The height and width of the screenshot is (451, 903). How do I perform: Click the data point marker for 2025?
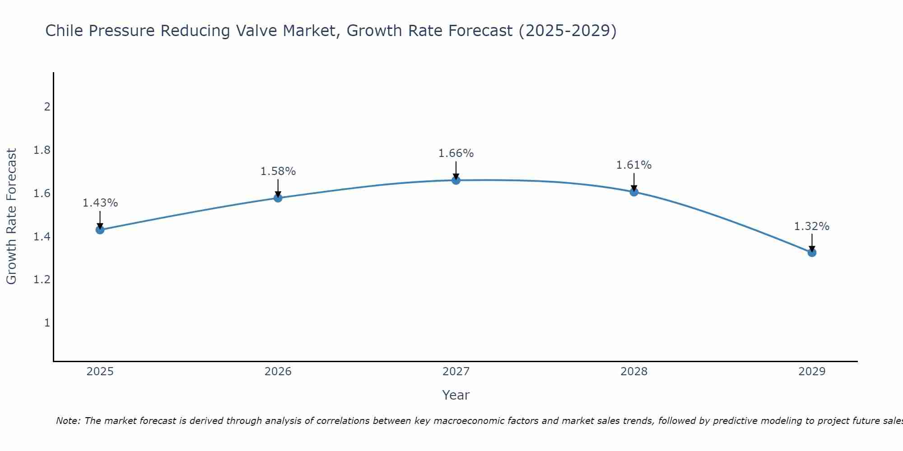[x=100, y=230]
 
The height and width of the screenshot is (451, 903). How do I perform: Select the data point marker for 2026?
[x=278, y=198]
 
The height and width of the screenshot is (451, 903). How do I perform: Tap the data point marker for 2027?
[x=456, y=180]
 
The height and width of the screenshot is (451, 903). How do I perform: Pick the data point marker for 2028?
[x=634, y=192]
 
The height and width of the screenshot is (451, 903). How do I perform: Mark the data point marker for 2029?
[x=812, y=253]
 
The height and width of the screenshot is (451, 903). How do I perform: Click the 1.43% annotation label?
[x=100, y=203]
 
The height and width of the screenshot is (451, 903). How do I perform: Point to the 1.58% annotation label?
[x=278, y=171]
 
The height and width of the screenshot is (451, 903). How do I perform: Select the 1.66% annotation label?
[x=456, y=153]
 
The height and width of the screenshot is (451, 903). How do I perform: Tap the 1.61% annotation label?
[x=634, y=165]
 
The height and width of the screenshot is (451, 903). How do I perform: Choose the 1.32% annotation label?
[x=812, y=226]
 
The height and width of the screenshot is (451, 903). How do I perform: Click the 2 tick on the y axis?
[x=47, y=107]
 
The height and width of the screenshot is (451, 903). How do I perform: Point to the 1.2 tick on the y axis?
[x=42, y=280]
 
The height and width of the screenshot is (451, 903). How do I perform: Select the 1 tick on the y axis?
[x=47, y=323]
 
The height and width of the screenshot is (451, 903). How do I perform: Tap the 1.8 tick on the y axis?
[x=42, y=150]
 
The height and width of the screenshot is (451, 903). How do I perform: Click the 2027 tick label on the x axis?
[x=456, y=372]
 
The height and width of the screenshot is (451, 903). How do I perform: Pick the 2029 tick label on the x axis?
[x=812, y=372]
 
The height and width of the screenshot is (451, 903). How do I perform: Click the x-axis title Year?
[x=456, y=395]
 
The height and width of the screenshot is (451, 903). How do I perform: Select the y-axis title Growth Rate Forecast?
[x=11, y=216]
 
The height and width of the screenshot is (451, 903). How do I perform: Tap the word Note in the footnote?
[x=67, y=421]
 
